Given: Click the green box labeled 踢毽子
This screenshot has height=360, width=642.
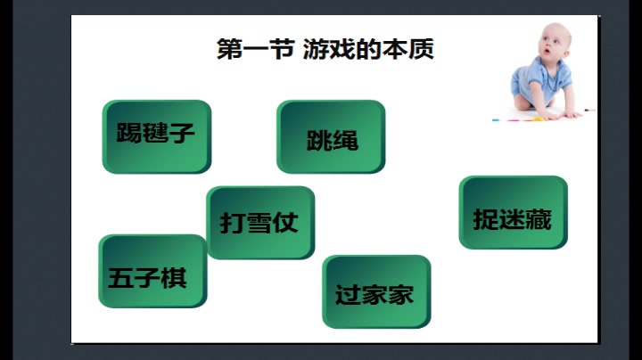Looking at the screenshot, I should (x=156, y=135).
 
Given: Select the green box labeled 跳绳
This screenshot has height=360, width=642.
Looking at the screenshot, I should (x=331, y=136).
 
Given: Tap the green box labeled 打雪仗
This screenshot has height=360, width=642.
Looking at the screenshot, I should (x=260, y=222).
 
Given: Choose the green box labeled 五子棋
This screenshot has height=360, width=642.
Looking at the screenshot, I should (x=152, y=271).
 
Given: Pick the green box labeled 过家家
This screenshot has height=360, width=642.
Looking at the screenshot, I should (x=375, y=291).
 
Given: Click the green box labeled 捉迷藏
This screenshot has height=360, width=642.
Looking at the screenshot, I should (x=513, y=213).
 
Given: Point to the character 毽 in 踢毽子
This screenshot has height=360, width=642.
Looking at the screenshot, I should (x=157, y=135).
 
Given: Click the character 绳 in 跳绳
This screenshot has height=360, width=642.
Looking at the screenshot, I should (x=345, y=140).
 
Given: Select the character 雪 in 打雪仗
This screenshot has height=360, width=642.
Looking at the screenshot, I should (x=259, y=222).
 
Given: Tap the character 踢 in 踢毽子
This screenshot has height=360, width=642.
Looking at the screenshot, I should (x=130, y=135).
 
